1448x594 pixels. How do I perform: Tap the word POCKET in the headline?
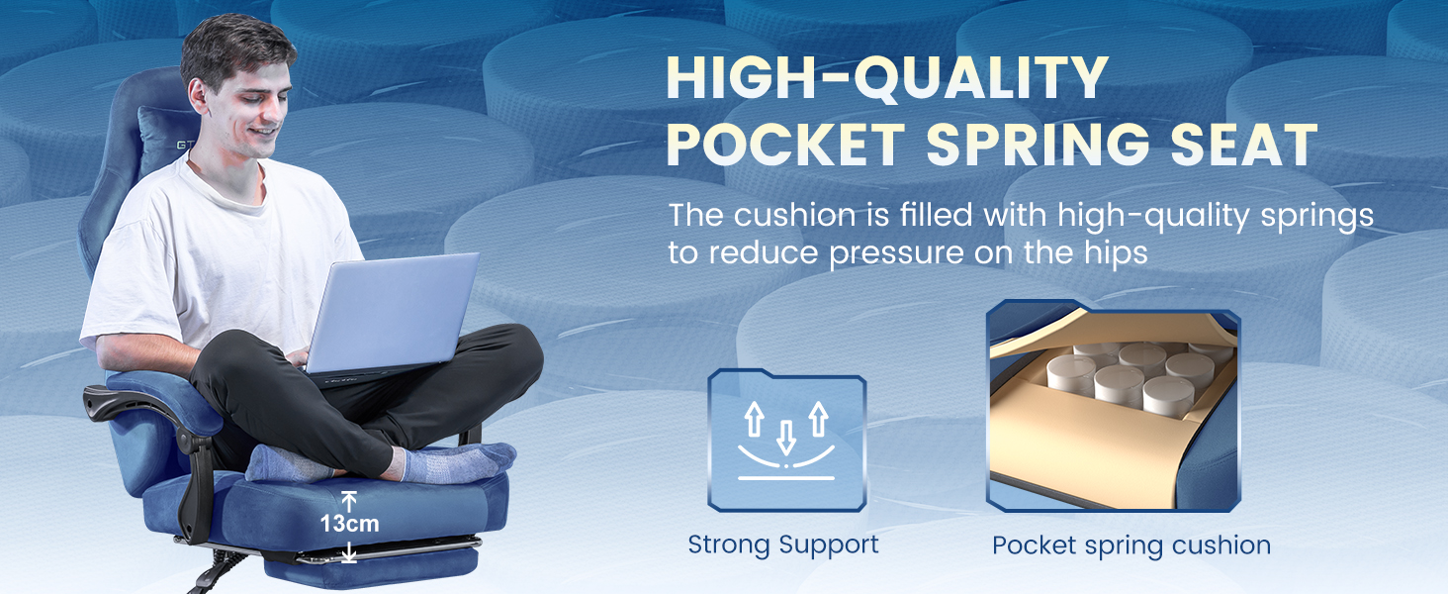point(786,146)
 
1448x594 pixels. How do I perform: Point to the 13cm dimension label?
point(349,524)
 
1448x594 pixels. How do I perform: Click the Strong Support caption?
point(782,544)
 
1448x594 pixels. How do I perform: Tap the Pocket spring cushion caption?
point(1131,545)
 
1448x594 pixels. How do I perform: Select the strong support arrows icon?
point(786,440)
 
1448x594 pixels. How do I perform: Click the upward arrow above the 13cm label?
point(348,500)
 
